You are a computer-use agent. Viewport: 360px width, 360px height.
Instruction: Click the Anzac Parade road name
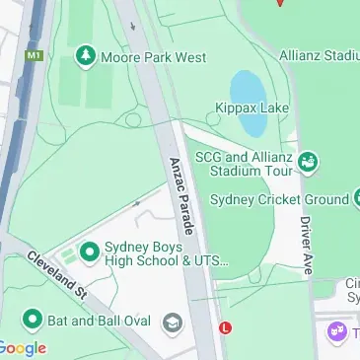click(x=181, y=191)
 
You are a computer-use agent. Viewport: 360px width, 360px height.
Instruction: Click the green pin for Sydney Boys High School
click(x=90, y=252)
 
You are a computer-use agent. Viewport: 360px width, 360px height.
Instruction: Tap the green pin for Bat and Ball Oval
click(x=33, y=320)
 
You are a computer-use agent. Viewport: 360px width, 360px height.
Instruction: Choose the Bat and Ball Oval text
click(x=98, y=320)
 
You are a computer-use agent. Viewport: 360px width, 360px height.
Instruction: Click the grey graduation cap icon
click(x=173, y=323)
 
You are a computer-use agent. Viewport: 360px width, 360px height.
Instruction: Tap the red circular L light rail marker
click(x=226, y=327)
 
